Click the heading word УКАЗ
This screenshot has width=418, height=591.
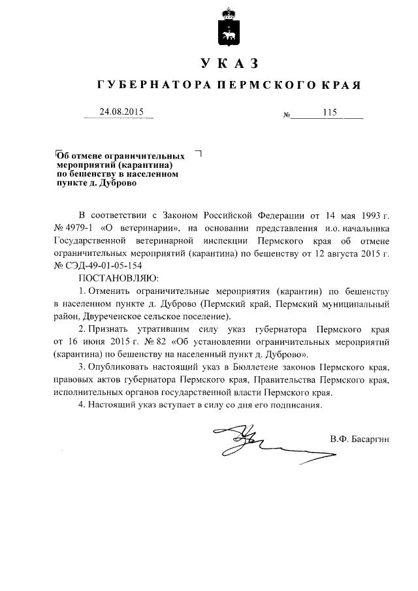pyautogui.click(x=228, y=63)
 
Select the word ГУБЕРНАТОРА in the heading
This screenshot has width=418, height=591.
pyautogui.click(x=147, y=86)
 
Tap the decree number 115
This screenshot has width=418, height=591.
pyautogui.click(x=329, y=112)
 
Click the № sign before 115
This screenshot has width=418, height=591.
pyautogui.click(x=286, y=116)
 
